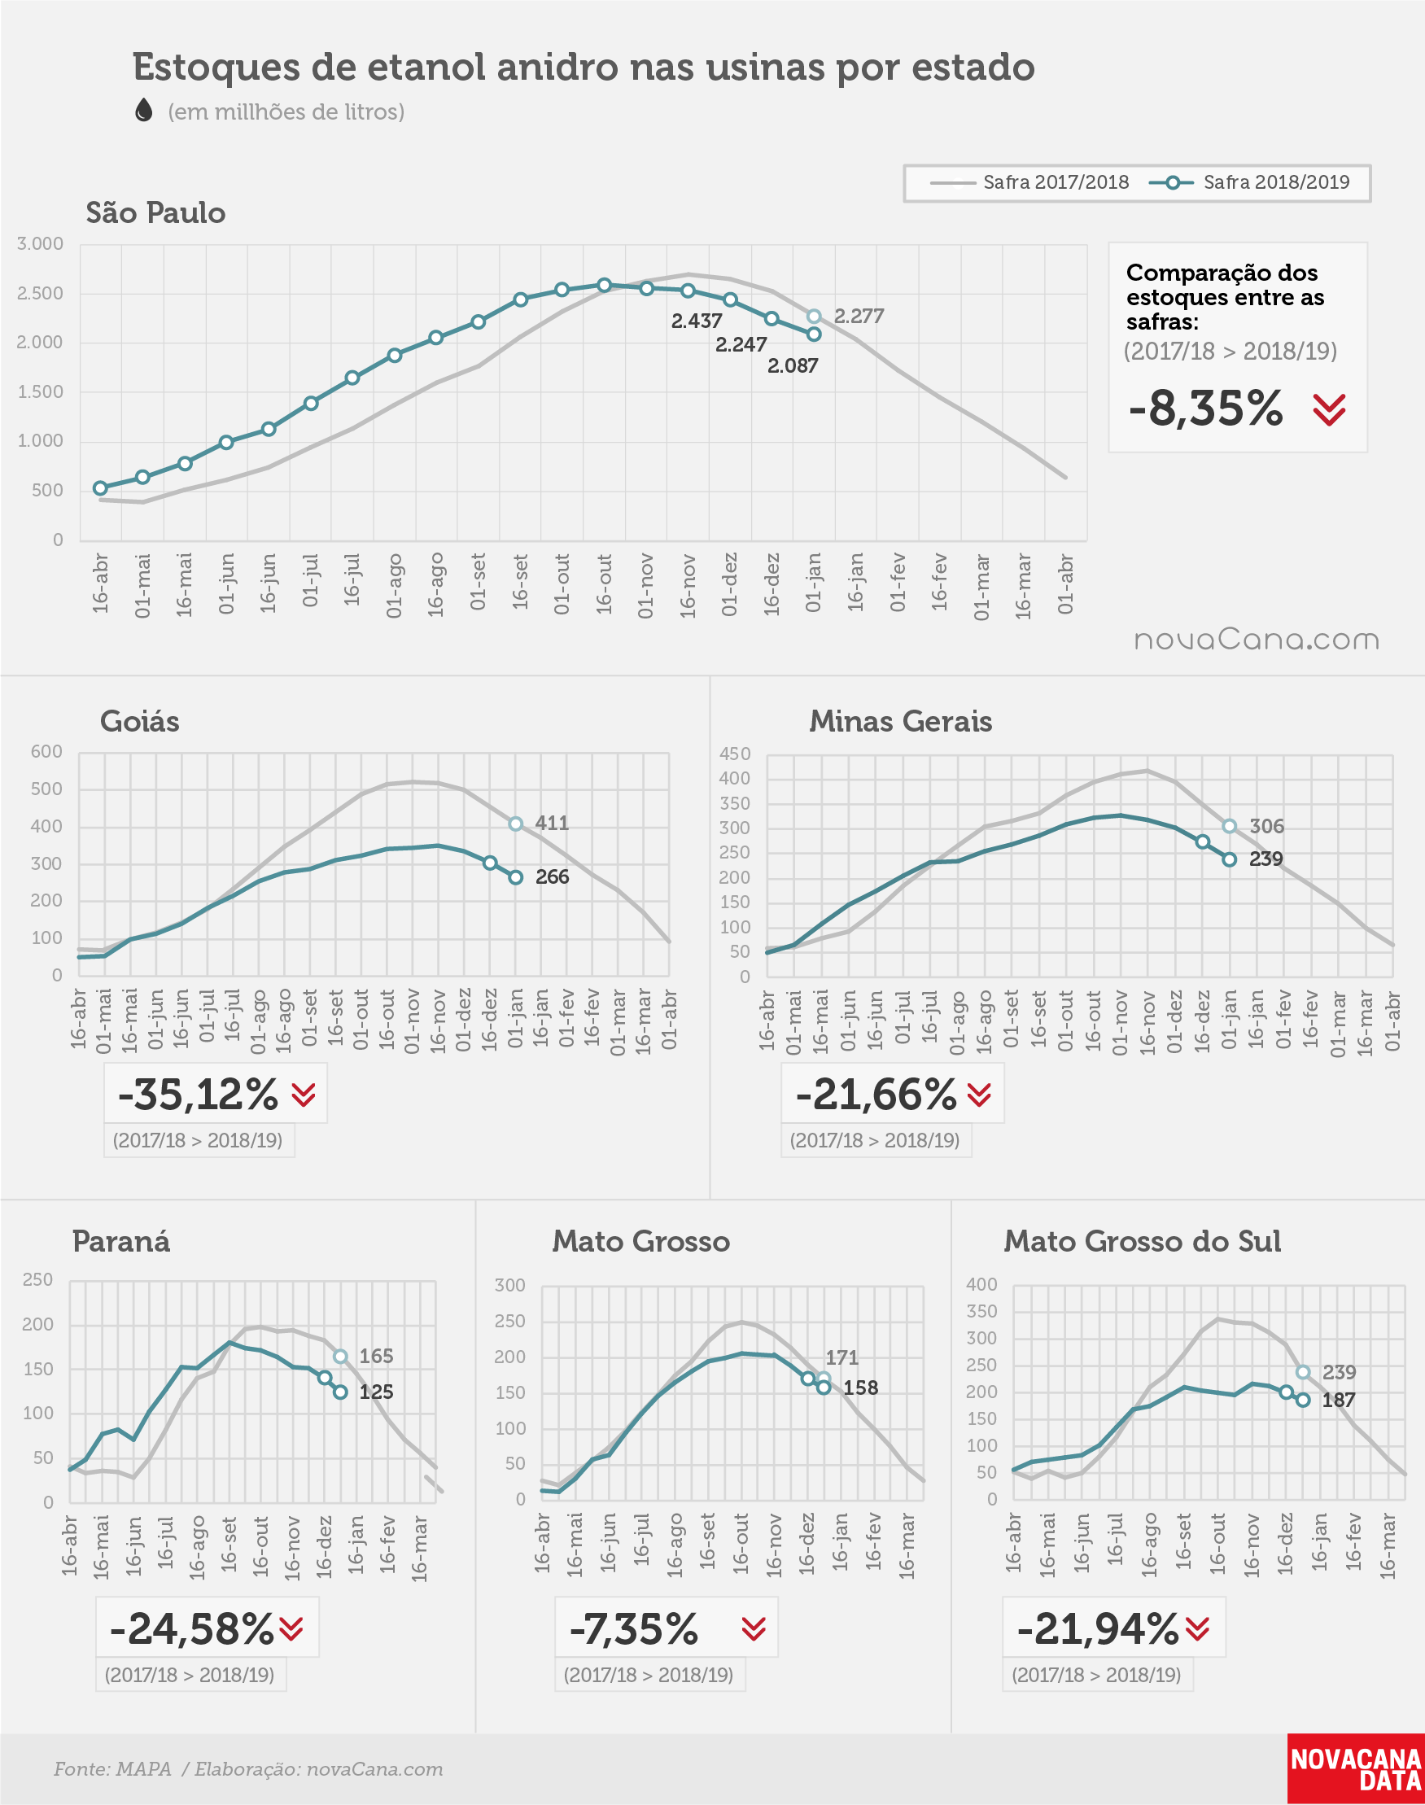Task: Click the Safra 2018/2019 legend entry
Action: coord(1249,182)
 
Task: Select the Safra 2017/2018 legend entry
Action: coord(1029,182)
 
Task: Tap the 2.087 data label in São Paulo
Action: coord(793,365)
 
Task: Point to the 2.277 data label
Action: coord(859,316)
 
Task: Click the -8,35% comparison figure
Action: coord(1205,409)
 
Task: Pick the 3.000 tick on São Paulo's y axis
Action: coord(40,243)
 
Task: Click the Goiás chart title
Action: coord(139,722)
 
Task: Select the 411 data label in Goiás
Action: coord(552,824)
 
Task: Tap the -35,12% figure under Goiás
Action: coord(198,1095)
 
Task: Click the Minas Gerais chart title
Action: coord(900,722)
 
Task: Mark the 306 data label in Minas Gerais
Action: coord(1266,826)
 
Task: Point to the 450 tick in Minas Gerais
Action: coord(735,754)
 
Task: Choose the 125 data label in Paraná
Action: coord(376,1392)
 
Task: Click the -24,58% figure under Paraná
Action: coord(192,1628)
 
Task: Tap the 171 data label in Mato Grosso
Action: coord(841,1357)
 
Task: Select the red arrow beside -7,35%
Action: coord(754,1629)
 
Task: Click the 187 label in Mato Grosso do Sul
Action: coord(1338,1401)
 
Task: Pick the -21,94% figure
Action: coord(1098,1628)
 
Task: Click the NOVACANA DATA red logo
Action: coord(1356,1769)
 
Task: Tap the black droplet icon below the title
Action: coord(143,110)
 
